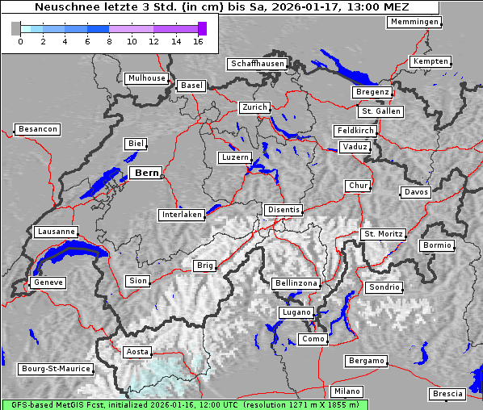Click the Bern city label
click(145, 173)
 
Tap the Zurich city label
click(254, 107)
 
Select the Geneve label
click(48, 283)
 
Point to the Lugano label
click(295, 312)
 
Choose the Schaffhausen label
click(257, 64)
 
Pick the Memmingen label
click(414, 22)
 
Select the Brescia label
click(447, 394)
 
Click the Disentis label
click(283, 210)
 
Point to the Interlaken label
click(181, 215)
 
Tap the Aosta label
click(136, 352)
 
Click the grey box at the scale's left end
click(16, 28)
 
